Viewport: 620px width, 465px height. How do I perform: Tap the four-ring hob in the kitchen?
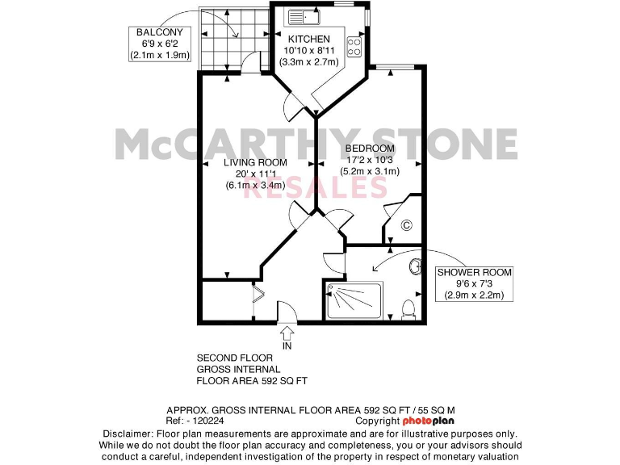354,47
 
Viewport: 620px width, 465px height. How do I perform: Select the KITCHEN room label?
308,39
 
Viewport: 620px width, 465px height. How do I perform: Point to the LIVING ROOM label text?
255,162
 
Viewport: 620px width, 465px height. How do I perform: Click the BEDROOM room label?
370,149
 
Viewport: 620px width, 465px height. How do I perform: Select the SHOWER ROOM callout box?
474,284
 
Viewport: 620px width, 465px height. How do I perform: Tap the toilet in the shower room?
408,308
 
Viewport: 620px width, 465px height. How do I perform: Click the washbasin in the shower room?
415,266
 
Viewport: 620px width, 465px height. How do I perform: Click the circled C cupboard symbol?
406,225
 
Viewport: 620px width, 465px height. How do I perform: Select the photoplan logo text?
429,421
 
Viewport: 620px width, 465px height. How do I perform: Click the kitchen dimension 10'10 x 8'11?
308,50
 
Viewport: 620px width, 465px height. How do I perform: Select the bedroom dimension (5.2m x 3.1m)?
370,171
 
